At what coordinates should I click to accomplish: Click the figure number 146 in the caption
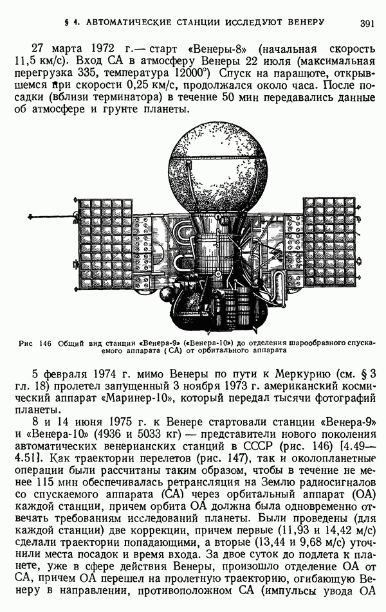pyautogui.click(x=44, y=343)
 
